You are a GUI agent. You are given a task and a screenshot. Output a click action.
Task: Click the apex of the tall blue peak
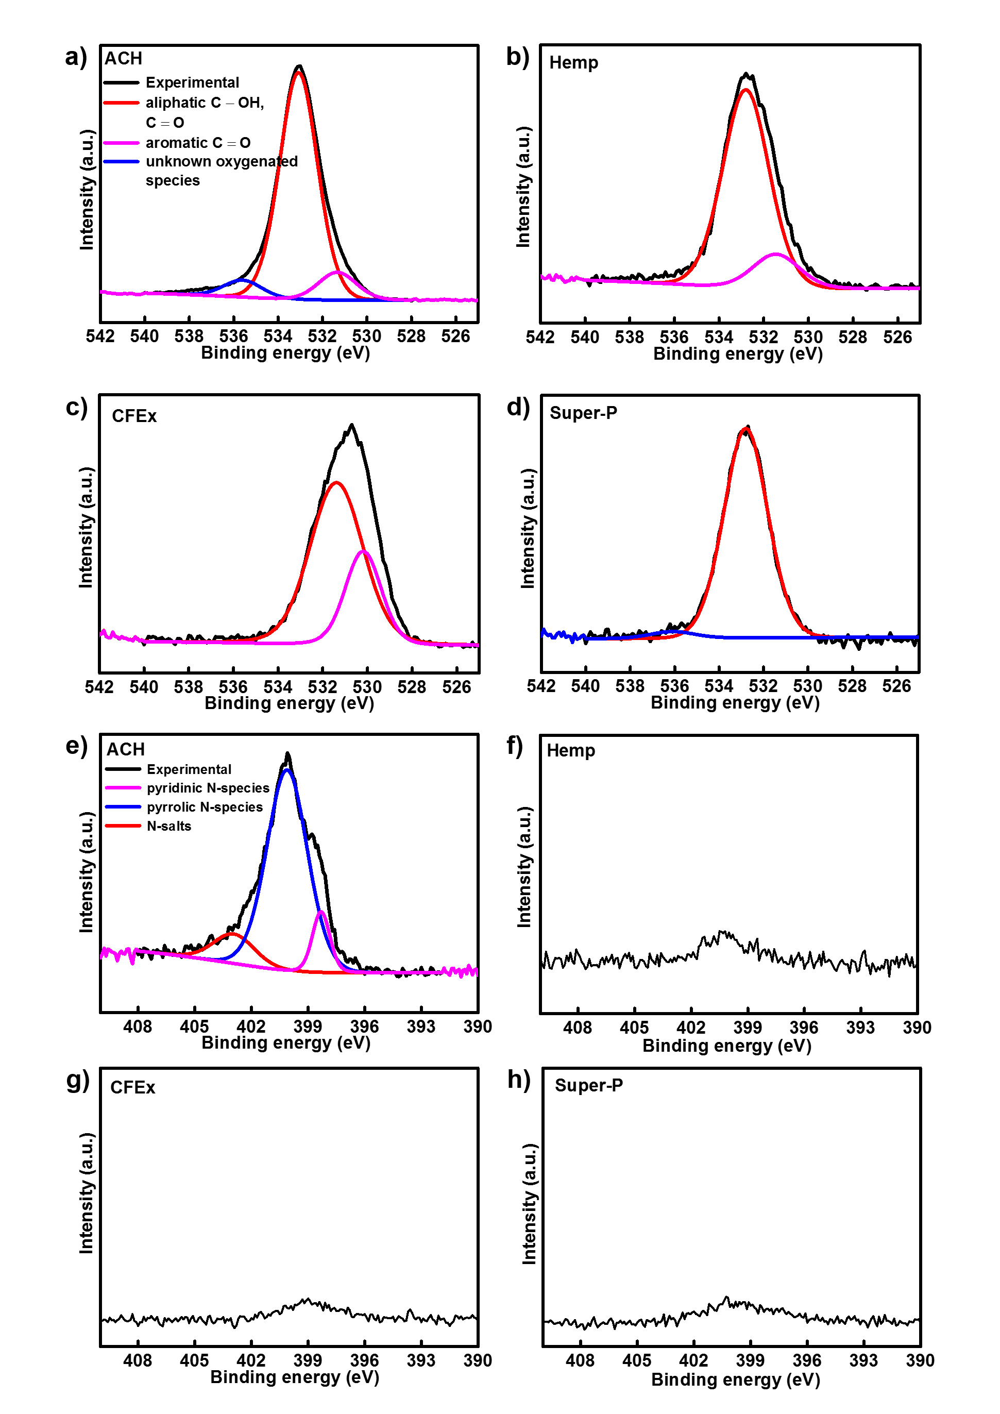coord(286,770)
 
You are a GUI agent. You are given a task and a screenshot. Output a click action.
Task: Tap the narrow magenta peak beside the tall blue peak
coord(321,912)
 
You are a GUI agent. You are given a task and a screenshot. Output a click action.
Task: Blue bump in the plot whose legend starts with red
coord(242,280)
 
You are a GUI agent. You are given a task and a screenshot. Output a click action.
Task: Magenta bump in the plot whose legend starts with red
coord(337,272)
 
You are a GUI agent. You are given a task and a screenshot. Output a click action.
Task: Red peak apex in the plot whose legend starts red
coord(299,73)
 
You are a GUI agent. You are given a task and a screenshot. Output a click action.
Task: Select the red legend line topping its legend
coord(121,103)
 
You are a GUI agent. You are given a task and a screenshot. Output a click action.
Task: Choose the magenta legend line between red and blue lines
coord(121,143)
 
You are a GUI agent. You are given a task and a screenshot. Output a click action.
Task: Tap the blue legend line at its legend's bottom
coord(121,162)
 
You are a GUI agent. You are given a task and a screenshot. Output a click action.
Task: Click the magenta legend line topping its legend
coord(123,788)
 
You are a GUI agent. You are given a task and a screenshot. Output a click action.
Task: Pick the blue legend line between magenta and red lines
coord(123,807)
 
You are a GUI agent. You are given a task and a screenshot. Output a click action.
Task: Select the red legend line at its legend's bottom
coord(123,826)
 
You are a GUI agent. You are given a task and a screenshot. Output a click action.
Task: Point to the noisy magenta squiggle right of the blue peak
coord(460,971)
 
